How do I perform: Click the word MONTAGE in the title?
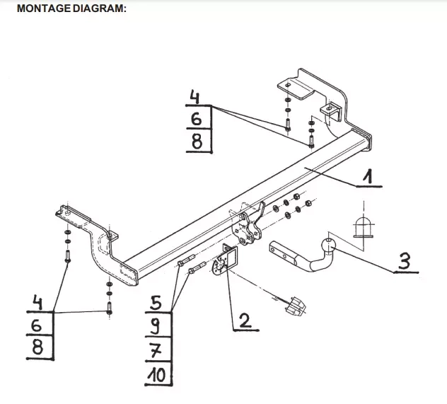click(44, 8)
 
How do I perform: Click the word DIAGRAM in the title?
click(99, 8)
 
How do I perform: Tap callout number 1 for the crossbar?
click(368, 176)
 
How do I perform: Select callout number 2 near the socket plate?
click(245, 321)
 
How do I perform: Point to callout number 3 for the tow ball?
click(405, 261)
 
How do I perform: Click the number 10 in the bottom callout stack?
click(156, 375)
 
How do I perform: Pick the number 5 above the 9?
click(156, 303)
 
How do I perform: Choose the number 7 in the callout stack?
click(156, 351)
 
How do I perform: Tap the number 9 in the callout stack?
click(156, 326)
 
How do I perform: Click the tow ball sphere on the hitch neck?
click(328, 246)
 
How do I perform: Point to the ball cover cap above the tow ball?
click(364, 227)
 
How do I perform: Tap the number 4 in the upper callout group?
click(195, 97)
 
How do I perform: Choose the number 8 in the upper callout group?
click(197, 142)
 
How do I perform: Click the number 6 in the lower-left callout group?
click(36, 325)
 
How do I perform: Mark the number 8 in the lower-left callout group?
click(37, 347)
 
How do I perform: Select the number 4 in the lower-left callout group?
click(37, 302)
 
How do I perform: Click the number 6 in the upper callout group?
click(196, 119)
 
